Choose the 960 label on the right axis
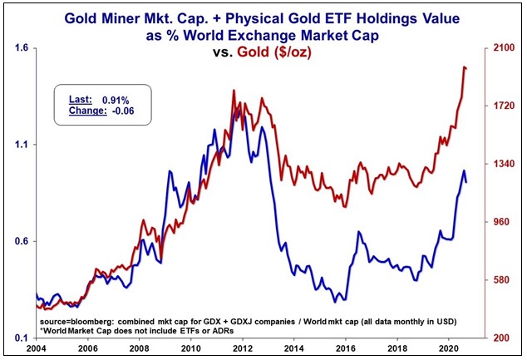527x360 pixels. click(x=500, y=223)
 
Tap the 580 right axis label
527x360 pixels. click(x=500, y=280)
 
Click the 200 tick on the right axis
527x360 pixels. click(x=500, y=338)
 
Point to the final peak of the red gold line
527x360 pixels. click(x=463, y=67)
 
